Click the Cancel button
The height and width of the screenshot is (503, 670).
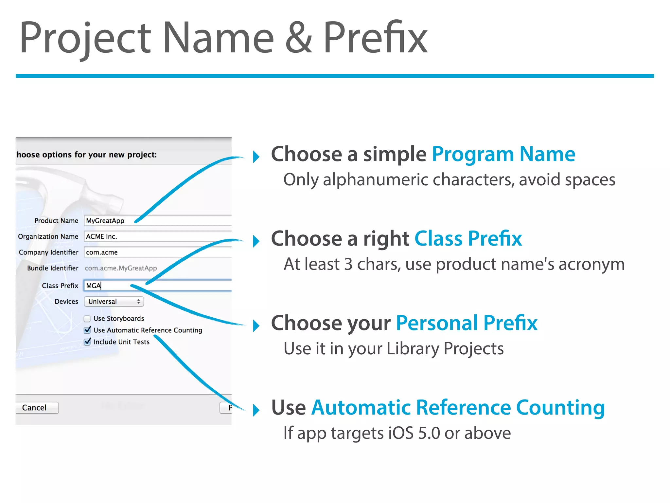(x=34, y=408)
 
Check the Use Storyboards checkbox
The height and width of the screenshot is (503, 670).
(x=87, y=319)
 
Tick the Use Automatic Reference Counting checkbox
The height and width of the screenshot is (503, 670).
(x=87, y=330)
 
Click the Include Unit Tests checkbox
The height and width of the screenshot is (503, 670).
(x=87, y=342)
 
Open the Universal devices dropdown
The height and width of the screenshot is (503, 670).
(x=114, y=302)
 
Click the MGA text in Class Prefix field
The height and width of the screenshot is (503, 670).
(x=93, y=286)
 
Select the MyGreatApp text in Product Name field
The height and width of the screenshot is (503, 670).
(x=105, y=221)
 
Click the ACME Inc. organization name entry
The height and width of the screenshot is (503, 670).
(x=101, y=236)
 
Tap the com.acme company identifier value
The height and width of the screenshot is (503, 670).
(x=102, y=252)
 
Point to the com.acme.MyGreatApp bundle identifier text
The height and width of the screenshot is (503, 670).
(x=121, y=268)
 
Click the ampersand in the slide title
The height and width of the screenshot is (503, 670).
(x=298, y=38)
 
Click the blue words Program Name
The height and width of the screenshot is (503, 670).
(x=503, y=154)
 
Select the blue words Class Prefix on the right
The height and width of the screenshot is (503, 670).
(x=468, y=238)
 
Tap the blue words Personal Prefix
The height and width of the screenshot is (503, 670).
(x=467, y=323)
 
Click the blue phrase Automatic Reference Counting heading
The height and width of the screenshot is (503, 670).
(x=458, y=407)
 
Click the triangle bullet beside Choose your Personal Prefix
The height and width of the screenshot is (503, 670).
(x=256, y=326)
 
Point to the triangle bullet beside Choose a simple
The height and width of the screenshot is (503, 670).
(x=256, y=157)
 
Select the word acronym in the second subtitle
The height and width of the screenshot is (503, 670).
(x=591, y=265)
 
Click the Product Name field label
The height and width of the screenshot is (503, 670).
(x=56, y=221)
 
